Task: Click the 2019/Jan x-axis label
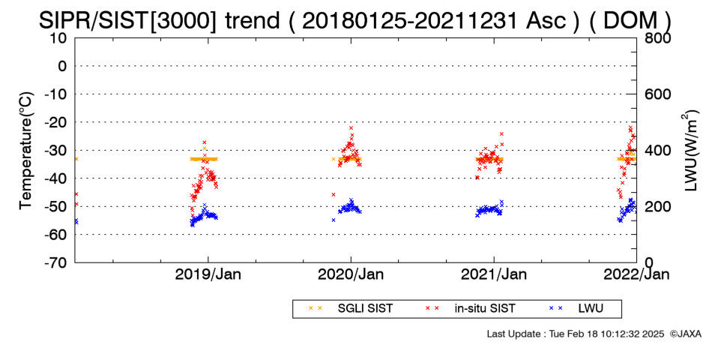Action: (208, 274)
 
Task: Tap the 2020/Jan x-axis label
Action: (351, 274)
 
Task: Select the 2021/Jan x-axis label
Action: (494, 274)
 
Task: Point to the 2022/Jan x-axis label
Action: (636, 274)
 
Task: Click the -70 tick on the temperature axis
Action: (56, 262)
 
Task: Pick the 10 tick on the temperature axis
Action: (60, 38)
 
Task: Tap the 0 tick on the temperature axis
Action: (63, 66)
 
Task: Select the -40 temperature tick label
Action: (56, 178)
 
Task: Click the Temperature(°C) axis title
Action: (27, 151)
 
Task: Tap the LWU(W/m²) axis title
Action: (689, 151)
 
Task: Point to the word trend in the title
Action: (252, 20)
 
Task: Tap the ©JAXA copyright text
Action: (685, 334)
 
